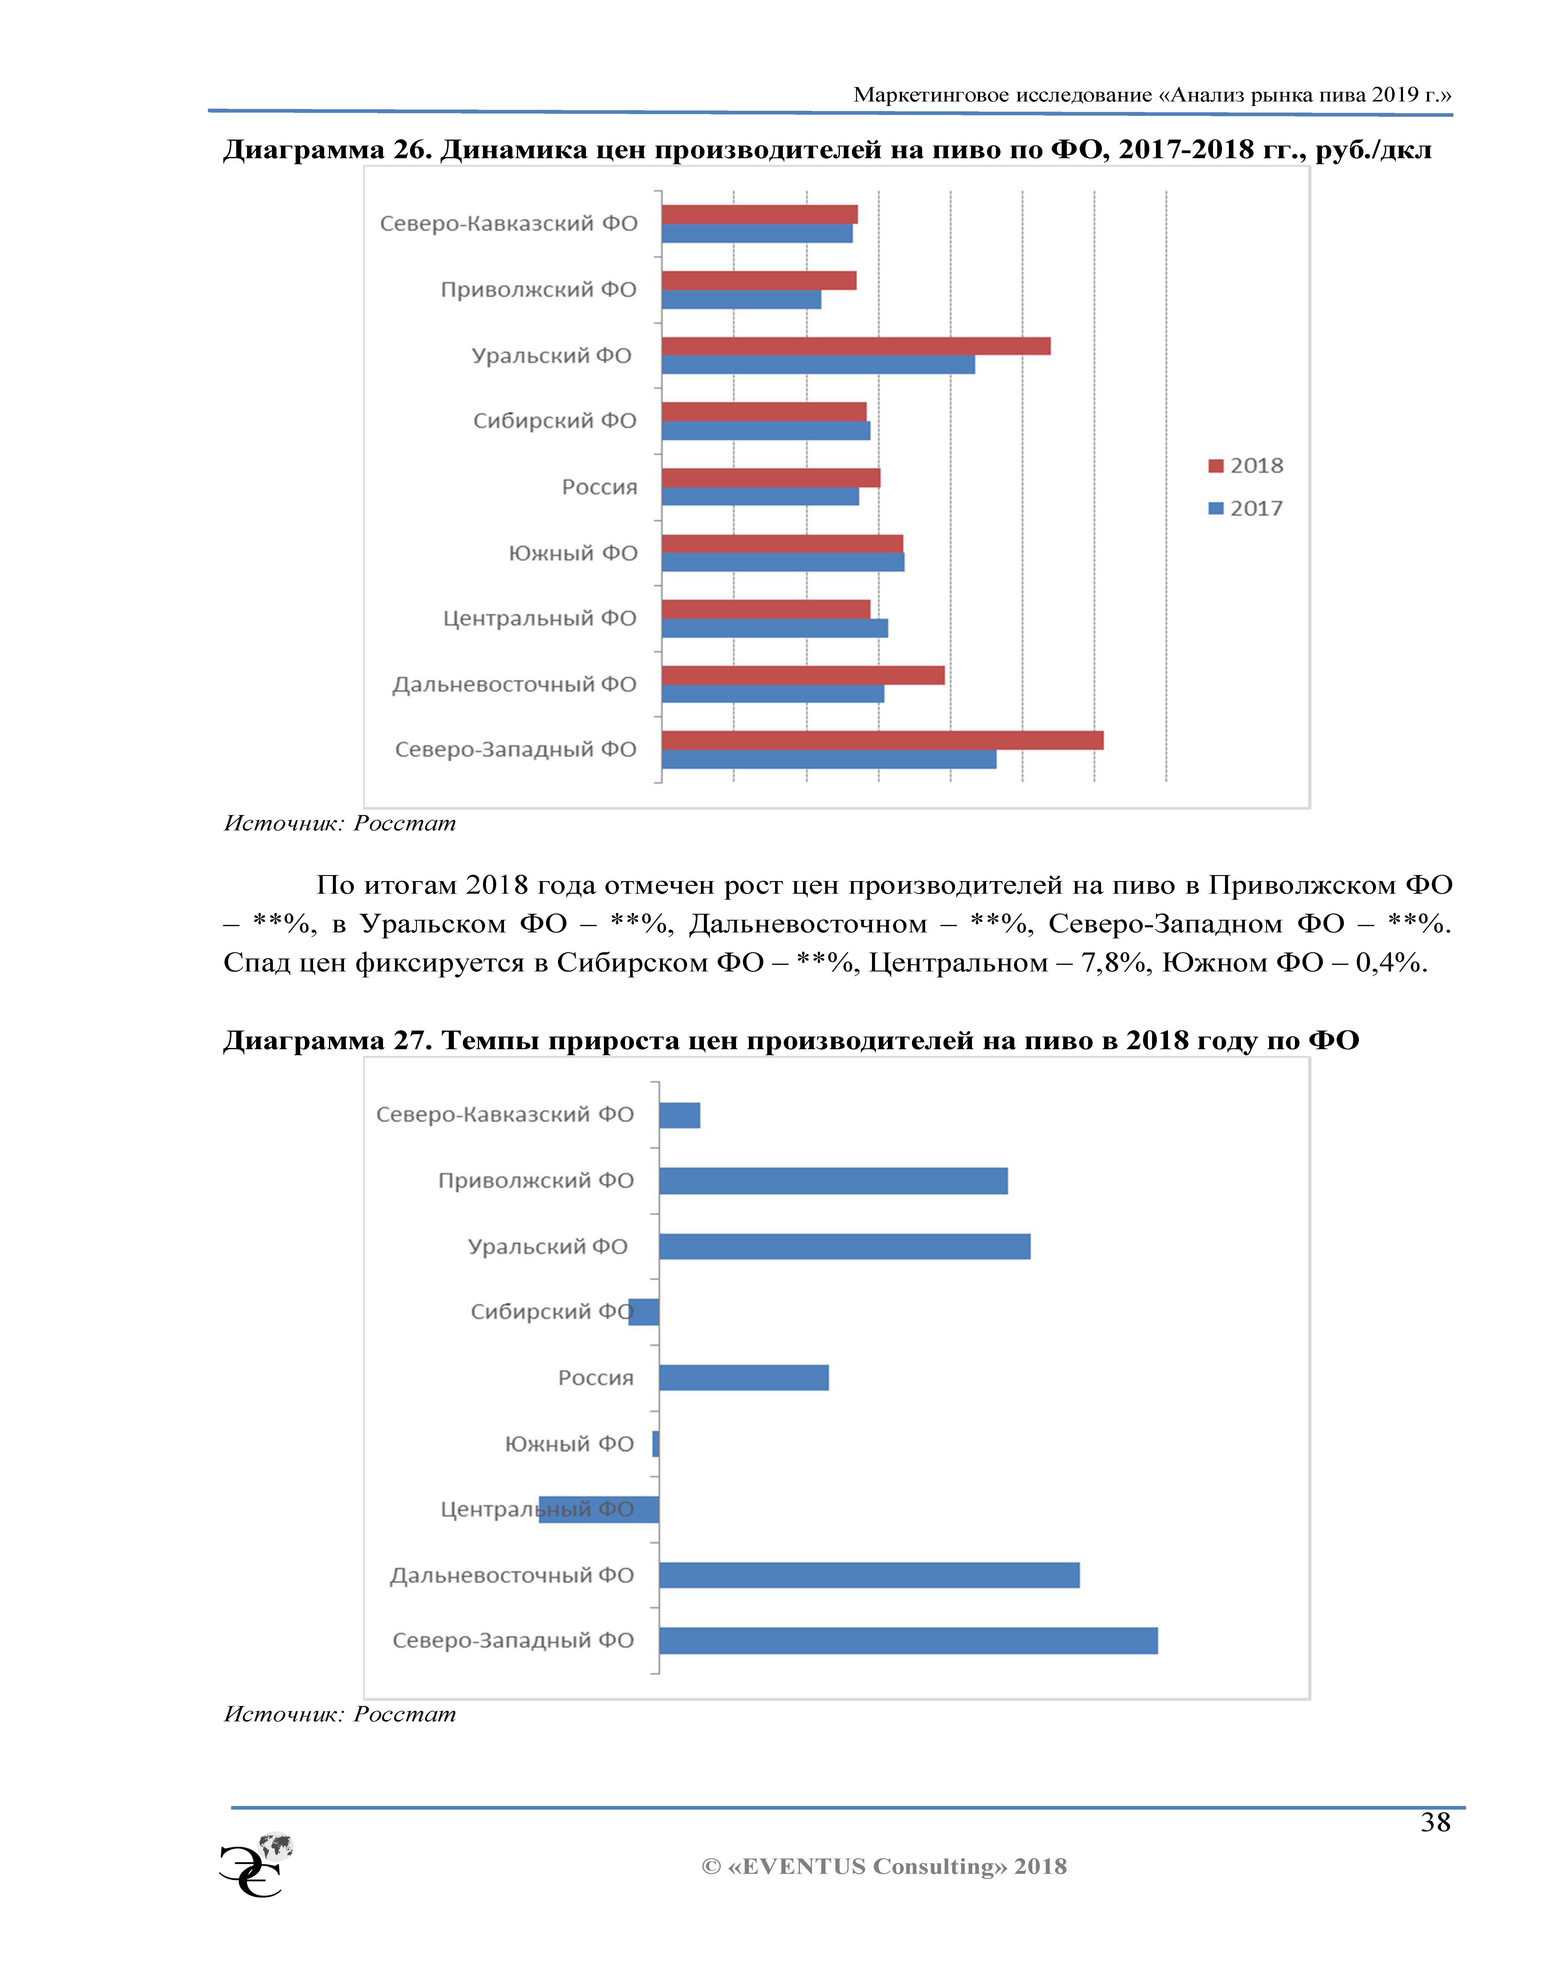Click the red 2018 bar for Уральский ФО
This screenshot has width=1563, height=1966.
(x=855, y=346)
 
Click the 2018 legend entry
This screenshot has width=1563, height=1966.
(x=1246, y=465)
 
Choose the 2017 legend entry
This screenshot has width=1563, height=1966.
(x=1246, y=508)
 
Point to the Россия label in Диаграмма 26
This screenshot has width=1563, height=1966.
(x=599, y=487)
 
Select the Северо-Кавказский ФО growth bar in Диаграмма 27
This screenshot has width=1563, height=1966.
(x=679, y=1115)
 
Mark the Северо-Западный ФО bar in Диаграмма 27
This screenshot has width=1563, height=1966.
(x=908, y=1641)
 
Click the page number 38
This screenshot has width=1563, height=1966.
(x=1435, y=1822)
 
